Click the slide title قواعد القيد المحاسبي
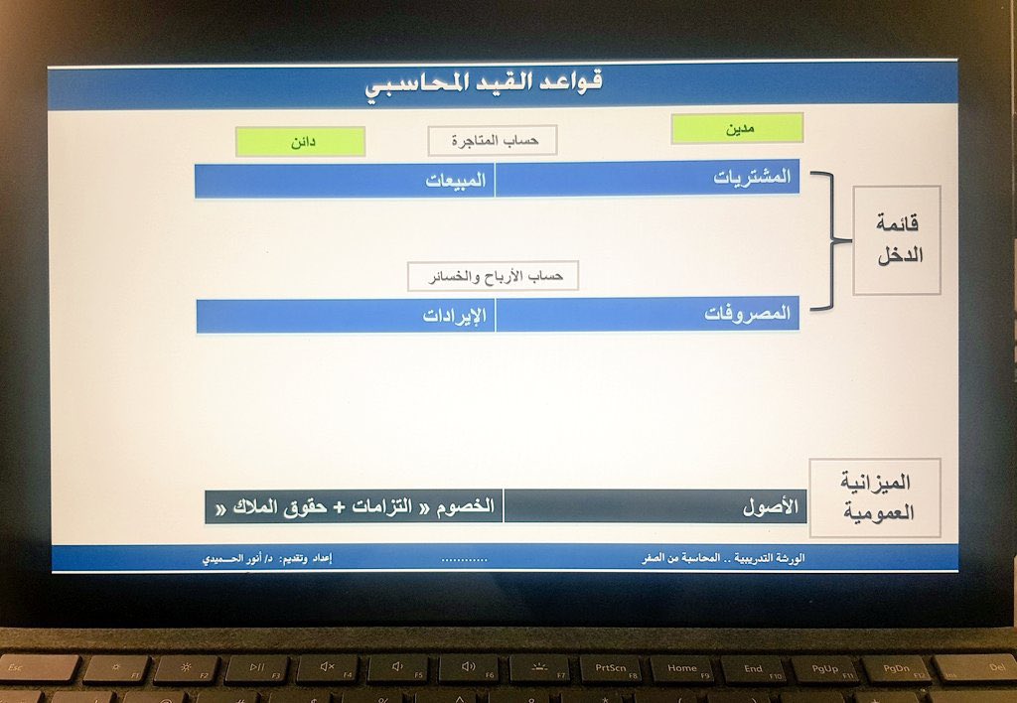484,83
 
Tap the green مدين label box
737,128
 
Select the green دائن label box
300,142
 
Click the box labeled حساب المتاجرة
493,141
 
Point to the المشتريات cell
648,178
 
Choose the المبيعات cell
345,181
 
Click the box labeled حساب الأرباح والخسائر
493,276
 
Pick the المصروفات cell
648,314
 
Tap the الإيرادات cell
346,316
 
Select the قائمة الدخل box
897,241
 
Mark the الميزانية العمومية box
875,497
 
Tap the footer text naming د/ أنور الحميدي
267,559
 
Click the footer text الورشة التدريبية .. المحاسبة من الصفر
722,559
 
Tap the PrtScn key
610,669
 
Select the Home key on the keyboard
681,669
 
